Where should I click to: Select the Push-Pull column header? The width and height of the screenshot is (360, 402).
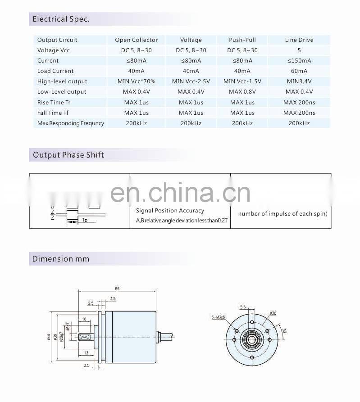point(242,40)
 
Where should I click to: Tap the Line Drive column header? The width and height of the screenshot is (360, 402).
point(299,40)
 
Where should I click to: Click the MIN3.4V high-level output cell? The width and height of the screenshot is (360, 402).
point(299,81)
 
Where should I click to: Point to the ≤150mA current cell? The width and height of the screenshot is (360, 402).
point(299,61)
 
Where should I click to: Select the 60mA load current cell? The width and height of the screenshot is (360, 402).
point(299,71)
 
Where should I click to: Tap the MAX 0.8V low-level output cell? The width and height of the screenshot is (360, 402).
point(242,92)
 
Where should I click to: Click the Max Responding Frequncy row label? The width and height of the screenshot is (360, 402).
point(71,123)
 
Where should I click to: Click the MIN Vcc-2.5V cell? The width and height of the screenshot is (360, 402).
point(191,81)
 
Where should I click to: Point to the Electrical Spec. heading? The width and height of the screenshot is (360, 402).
point(61,19)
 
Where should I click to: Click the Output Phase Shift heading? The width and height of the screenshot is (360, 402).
point(68,155)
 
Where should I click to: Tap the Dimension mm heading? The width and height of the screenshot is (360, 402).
point(61,259)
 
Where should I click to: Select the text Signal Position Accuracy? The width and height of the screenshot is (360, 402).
point(170,211)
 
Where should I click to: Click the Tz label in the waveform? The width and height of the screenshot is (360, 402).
point(85,220)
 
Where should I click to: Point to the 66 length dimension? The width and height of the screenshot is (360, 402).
point(117,288)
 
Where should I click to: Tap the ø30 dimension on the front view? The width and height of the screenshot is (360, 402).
point(273,312)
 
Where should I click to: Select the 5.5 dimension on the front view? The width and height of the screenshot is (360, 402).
point(243,307)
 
